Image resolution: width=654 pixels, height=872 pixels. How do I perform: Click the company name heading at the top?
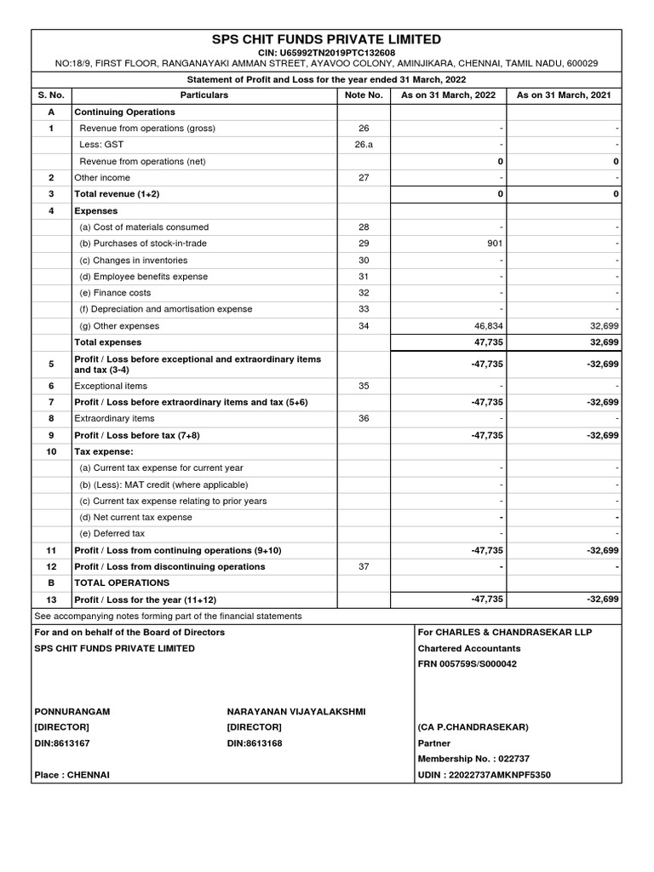[x=326, y=39]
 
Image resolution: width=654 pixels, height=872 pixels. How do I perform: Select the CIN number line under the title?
[x=326, y=53]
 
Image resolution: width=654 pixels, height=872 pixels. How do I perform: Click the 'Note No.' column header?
[x=364, y=95]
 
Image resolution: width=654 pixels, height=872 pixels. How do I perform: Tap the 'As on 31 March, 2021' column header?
[x=565, y=95]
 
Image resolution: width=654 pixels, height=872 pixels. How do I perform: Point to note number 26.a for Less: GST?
[x=364, y=145]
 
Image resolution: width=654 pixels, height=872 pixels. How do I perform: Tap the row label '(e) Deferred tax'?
[x=112, y=534]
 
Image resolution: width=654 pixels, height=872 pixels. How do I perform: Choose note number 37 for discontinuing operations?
[x=364, y=566]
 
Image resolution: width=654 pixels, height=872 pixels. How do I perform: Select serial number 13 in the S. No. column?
[x=52, y=599]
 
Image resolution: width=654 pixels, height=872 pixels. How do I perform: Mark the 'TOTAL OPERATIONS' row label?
[x=122, y=583]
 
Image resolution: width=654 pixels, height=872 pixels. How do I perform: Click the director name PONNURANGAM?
[x=72, y=711]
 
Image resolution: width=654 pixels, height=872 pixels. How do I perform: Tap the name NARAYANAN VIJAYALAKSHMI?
[x=295, y=711]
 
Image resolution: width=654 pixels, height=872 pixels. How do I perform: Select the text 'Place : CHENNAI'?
[x=72, y=775]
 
